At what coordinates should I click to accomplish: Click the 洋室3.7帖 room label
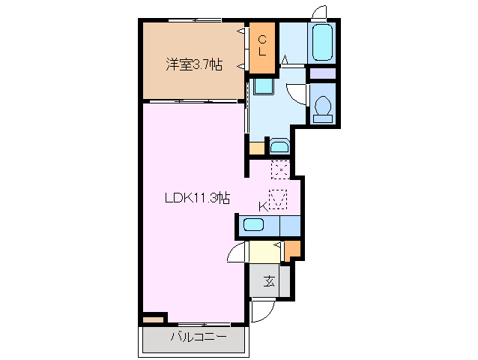pyautogui.click(x=193, y=64)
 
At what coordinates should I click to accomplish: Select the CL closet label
pyautogui.click(x=262, y=47)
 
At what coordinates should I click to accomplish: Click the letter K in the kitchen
pyautogui.click(x=263, y=206)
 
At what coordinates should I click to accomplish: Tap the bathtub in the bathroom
pyautogui.click(x=321, y=43)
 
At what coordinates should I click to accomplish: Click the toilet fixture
pyautogui.click(x=324, y=107)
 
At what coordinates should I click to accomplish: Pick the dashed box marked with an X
pyautogui.click(x=279, y=170)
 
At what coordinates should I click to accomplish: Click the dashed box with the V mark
pyautogui.click(x=278, y=200)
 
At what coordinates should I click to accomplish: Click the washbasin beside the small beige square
pyautogui.click(x=278, y=146)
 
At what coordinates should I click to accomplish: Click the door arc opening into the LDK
pyautogui.click(x=238, y=252)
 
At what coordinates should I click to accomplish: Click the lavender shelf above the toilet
pyautogui.click(x=323, y=73)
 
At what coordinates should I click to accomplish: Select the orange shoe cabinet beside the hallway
pyautogui.click(x=292, y=250)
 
